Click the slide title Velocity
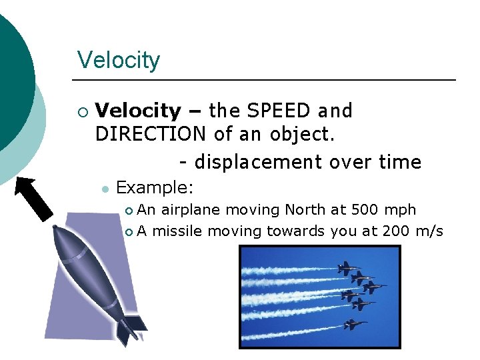coord(119,60)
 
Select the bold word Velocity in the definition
coord(138,111)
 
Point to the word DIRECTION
coord(151,134)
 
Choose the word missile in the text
coord(178,231)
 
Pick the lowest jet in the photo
coord(352,325)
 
